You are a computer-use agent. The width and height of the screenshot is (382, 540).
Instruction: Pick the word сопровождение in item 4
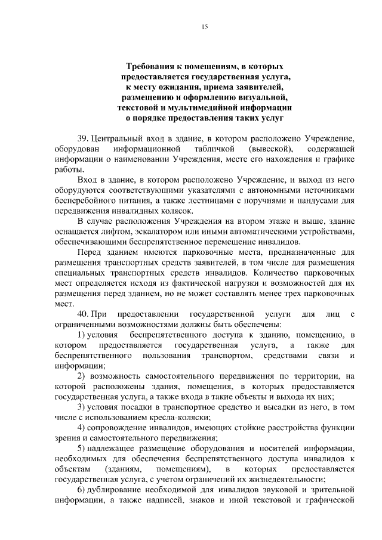pos(123,428)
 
